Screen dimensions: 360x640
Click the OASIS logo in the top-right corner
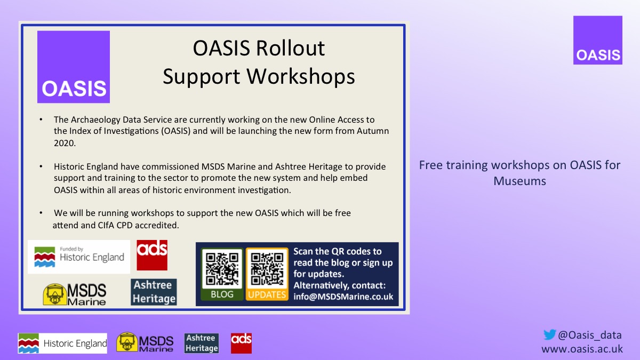(597, 41)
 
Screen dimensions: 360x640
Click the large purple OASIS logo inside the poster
(74, 67)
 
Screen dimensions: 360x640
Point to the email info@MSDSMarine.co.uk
(343, 296)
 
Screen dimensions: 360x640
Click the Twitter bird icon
(549, 335)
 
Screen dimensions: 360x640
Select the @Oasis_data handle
(589, 335)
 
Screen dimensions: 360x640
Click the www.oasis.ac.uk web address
(582, 349)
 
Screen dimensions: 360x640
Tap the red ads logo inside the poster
(152, 255)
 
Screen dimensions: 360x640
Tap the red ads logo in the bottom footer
(241, 343)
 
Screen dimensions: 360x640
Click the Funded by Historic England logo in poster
(79, 257)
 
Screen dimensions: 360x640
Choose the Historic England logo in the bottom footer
(62, 343)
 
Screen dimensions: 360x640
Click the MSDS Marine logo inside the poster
(75, 294)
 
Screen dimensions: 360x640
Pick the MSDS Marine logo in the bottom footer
(145, 343)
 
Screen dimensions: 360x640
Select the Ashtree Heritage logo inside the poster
(154, 292)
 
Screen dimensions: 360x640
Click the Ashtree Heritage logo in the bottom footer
(202, 343)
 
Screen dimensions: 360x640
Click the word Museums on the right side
(519, 181)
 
